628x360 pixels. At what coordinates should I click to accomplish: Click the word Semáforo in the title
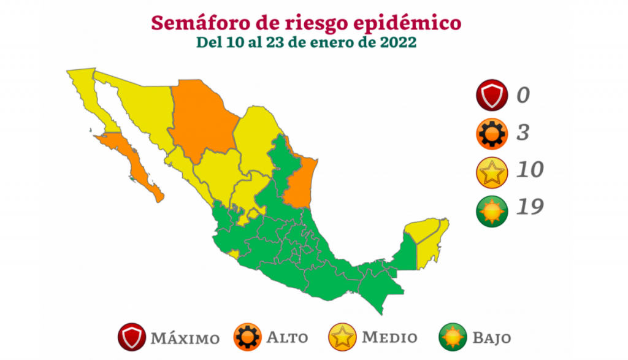point(190,23)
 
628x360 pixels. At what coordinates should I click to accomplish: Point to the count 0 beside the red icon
point(522,96)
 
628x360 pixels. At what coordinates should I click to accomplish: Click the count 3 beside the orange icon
point(522,132)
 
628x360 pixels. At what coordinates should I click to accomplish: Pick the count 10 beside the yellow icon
point(529,170)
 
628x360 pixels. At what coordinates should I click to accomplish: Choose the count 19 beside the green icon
point(529,207)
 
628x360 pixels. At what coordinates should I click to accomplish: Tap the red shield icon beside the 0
point(491,96)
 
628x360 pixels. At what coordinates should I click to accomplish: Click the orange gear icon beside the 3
point(491,133)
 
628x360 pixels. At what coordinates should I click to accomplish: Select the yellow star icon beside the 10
point(491,170)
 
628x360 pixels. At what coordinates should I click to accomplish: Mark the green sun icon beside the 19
point(491,208)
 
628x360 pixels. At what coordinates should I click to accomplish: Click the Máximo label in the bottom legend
point(185,338)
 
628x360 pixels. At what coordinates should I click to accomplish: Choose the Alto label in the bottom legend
point(287,337)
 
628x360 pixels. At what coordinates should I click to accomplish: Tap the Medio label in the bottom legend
point(389,337)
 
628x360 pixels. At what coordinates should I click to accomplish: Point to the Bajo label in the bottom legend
point(491,337)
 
